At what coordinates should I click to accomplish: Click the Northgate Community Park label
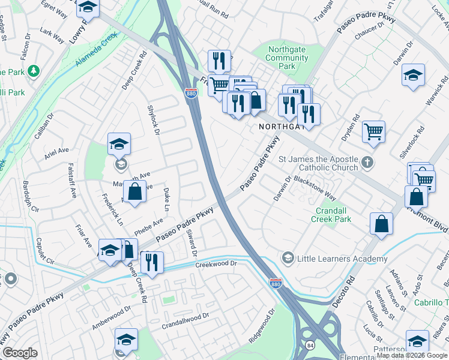(x=286, y=58)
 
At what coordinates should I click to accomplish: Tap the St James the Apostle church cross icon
(x=367, y=163)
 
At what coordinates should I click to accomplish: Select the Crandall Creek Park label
(x=331, y=215)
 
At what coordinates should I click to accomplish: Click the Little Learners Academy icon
(x=288, y=259)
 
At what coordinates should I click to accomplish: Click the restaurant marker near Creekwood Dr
(x=151, y=263)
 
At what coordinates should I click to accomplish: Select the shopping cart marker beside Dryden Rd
(x=374, y=131)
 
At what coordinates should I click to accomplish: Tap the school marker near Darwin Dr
(x=413, y=75)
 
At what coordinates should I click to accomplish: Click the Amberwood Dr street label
(x=111, y=318)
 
